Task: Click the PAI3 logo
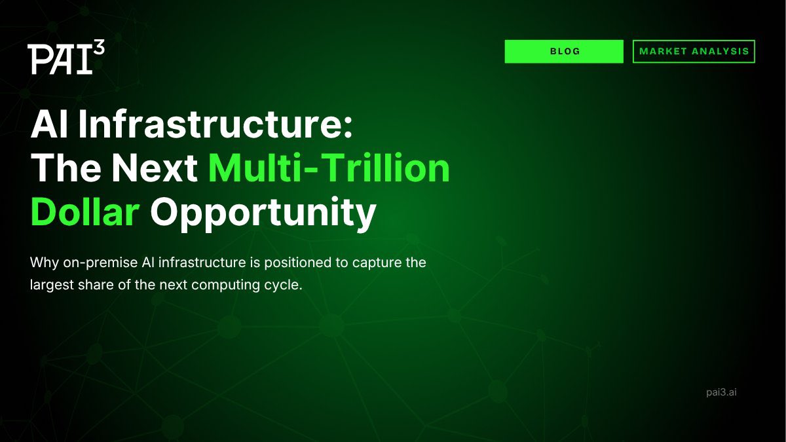65,58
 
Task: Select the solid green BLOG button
564,51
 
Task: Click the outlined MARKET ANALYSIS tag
694,51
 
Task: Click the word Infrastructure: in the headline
216,125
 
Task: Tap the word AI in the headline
50,125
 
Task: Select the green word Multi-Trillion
329,168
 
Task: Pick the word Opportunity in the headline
263,213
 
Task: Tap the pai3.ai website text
722,392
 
